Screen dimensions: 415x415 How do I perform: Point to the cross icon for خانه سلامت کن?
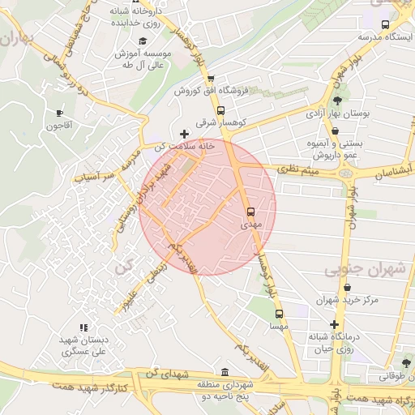[x=185, y=134]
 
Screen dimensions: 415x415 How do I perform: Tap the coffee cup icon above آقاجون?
[x=58, y=113]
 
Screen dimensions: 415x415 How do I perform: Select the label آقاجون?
[x=59, y=126]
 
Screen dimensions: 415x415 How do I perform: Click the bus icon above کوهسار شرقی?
[x=220, y=110]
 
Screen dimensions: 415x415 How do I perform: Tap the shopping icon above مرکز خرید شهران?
[x=347, y=287]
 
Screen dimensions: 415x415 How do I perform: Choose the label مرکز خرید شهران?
[x=348, y=300]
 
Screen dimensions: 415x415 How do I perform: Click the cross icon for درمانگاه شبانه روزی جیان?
[x=333, y=323]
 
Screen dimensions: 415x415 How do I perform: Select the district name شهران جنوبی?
[x=357, y=269]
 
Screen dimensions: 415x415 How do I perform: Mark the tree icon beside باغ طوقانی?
[x=405, y=362]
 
